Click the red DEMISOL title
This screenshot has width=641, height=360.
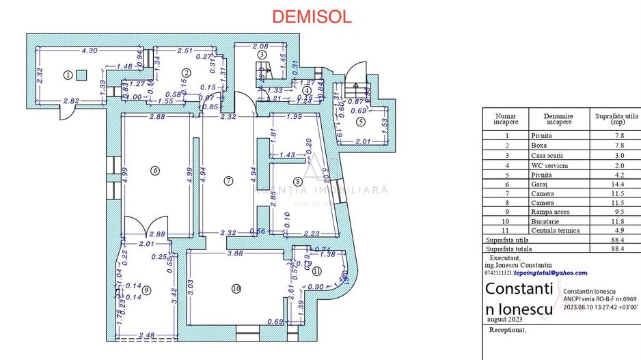tap(312, 17)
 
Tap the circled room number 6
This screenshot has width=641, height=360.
tap(155, 171)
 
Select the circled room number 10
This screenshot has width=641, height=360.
tap(236, 289)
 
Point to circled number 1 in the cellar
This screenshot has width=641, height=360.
tap(68, 74)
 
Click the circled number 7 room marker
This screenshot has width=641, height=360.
tap(229, 181)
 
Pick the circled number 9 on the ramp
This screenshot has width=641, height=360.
tap(146, 290)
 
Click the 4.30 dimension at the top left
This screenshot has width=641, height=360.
tap(90, 51)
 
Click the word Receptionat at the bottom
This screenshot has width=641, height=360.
tap(509, 329)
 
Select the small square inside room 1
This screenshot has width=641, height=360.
tap(81, 74)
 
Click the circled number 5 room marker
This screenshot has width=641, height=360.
tap(360, 122)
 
